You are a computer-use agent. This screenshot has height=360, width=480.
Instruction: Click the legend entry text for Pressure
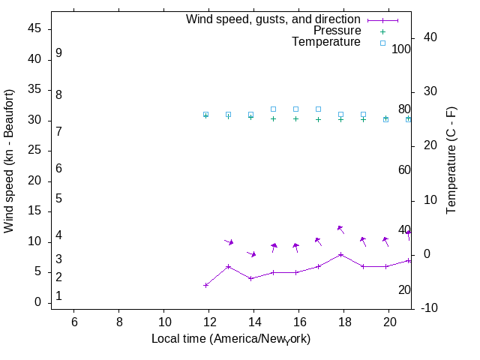[337, 31]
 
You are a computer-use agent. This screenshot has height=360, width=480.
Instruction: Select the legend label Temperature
[326, 42]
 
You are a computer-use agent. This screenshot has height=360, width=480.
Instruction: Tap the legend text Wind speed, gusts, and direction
[274, 19]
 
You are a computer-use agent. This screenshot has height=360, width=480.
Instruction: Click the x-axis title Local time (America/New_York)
[231, 339]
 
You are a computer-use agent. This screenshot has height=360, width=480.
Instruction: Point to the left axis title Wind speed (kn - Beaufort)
[9, 160]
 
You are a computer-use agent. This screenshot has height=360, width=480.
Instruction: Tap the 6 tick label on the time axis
[74, 321]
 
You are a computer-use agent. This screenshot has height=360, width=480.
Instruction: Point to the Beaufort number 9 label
[58, 54]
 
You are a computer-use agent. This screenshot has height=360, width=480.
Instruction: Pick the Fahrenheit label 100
[401, 49]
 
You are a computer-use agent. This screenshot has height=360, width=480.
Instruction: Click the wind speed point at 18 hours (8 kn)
[341, 254]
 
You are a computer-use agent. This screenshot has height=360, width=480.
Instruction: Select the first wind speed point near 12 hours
[206, 285]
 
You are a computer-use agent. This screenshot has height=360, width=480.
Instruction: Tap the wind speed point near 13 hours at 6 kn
[229, 266]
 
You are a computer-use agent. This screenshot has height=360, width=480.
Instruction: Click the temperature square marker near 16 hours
[296, 109]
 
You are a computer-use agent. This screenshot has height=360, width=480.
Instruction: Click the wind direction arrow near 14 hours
[252, 254]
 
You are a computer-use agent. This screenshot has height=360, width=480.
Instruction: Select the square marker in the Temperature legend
[382, 43]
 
